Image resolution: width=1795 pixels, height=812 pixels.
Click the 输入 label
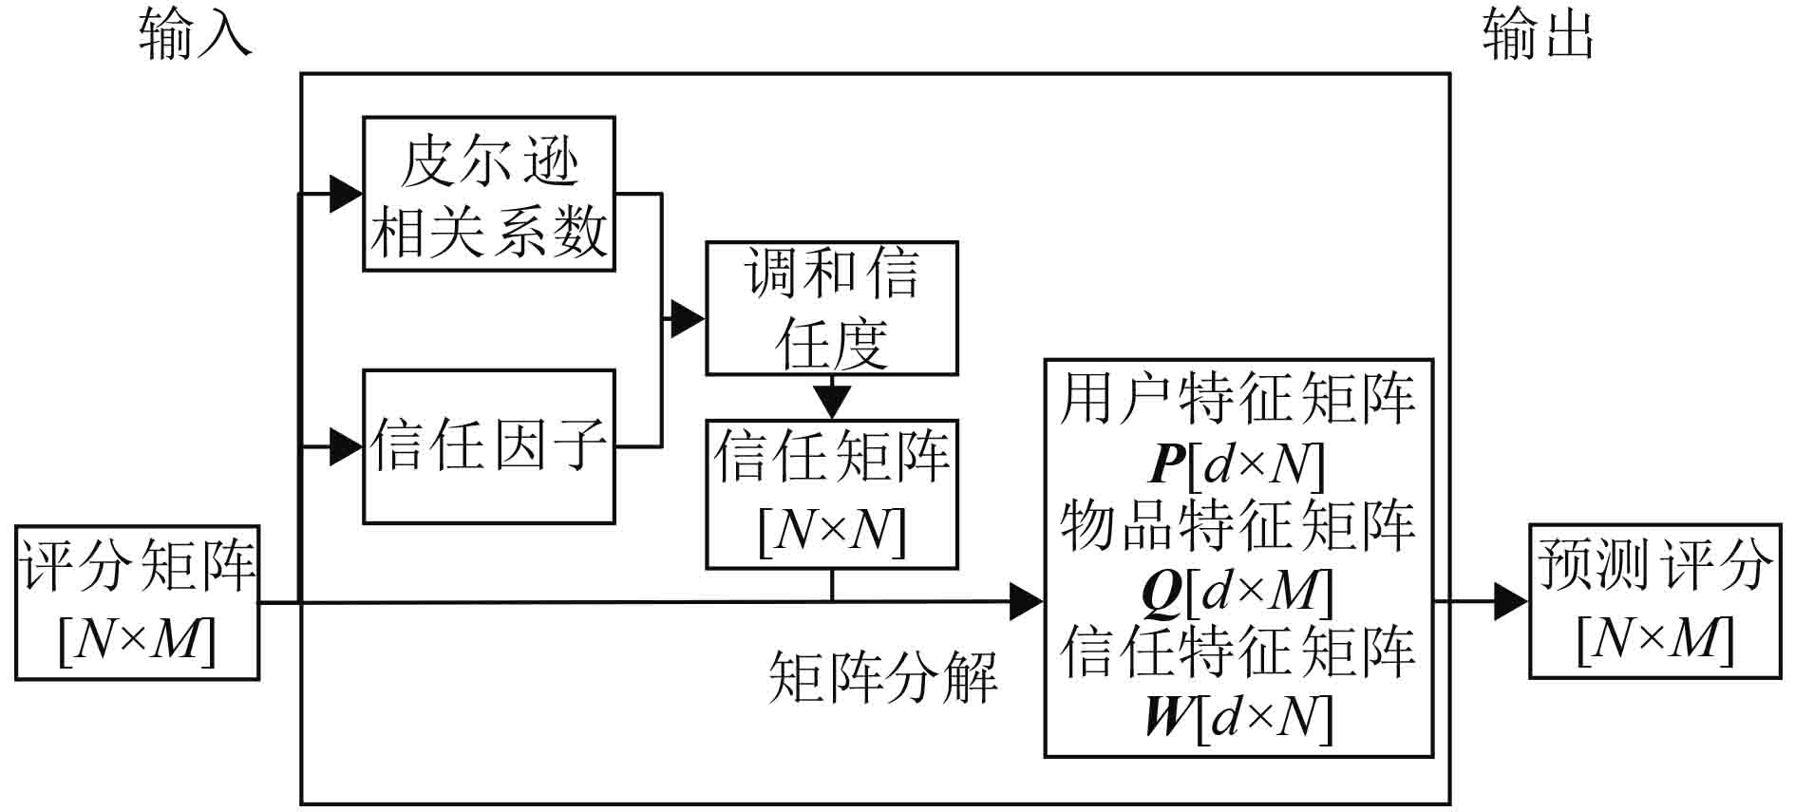coord(195,35)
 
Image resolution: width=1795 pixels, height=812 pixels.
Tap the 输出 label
coord(1538,35)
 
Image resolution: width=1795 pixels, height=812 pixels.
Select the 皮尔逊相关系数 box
coord(488,194)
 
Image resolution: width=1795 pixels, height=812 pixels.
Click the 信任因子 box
coord(488,445)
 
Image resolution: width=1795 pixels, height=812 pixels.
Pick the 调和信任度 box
coord(831,308)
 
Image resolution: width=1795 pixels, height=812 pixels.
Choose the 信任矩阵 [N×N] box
coord(831,494)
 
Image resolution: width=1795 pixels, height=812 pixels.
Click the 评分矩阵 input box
coord(138,602)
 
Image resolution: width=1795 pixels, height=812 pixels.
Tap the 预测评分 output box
coord(1653,601)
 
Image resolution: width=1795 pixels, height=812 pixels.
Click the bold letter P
coord(1168,464)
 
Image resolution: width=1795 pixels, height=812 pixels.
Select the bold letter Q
coord(1161,592)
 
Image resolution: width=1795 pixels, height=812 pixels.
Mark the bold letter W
coord(1167,717)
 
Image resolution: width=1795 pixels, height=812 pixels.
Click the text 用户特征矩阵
coord(1238,399)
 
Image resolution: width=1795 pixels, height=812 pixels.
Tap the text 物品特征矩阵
coord(1238,526)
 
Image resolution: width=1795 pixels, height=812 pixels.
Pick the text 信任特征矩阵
coord(1238,652)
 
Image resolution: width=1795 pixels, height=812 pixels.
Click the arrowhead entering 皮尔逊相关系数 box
coord(346,194)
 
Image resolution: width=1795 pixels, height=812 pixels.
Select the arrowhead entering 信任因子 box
coord(346,446)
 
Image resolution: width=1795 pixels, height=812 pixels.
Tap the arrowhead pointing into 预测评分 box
coord(1510,601)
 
